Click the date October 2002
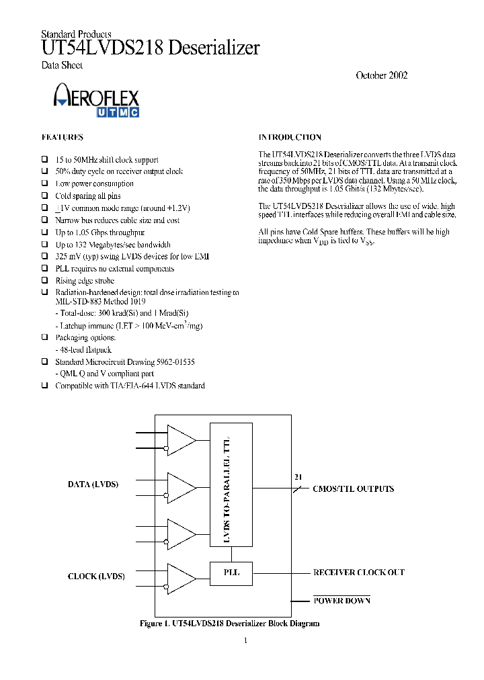pyautogui.click(x=381, y=75)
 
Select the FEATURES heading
pyautogui.click(x=63, y=137)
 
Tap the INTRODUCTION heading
pyautogui.click(x=290, y=137)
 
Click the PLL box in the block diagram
pyautogui.click(x=231, y=573)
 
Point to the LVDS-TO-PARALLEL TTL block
pyautogui.click(x=231, y=485)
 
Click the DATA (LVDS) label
pyautogui.click(x=93, y=484)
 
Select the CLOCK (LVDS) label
pyautogui.click(x=96, y=577)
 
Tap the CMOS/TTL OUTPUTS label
pyautogui.click(x=354, y=489)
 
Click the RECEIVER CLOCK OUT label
pyautogui.click(x=359, y=572)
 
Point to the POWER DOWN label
pyautogui.click(x=341, y=601)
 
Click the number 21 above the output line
pyautogui.click(x=298, y=477)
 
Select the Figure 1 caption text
pyautogui.click(x=229, y=624)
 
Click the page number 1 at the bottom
pyautogui.click(x=245, y=640)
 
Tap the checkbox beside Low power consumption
pyautogui.click(x=45, y=183)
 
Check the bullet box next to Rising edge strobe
pyautogui.click(x=45, y=281)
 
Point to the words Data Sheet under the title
pyautogui.click(x=62, y=65)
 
